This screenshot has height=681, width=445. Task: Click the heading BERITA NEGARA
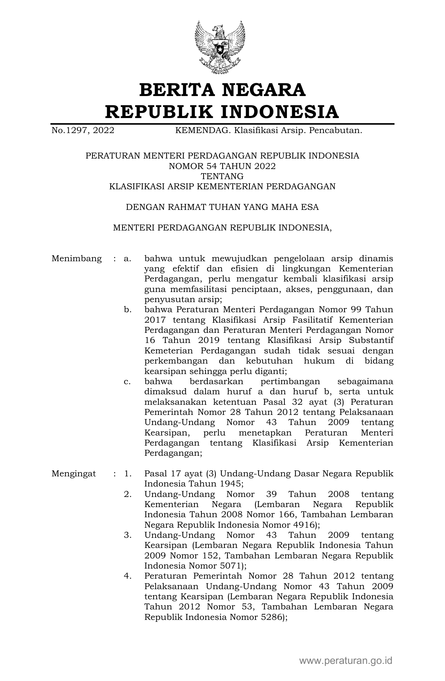tap(222, 90)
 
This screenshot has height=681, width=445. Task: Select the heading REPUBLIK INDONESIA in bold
tap(222, 112)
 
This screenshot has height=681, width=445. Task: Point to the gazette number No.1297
tap(71, 131)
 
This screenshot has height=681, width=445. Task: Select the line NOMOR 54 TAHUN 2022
tap(222, 166)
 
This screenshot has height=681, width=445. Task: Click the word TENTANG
tap(222, 176)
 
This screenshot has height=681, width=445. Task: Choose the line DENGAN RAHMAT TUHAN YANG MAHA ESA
tap(222, 207)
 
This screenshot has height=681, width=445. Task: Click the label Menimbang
tap(77, 259)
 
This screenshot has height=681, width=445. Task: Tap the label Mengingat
tap(74, 474)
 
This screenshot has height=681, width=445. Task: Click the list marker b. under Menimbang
tap(127, 310)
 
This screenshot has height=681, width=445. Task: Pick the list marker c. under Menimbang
tap(127, 381)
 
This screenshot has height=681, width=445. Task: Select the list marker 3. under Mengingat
tap(127, 535)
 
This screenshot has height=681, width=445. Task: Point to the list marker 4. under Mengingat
tap(127, 576)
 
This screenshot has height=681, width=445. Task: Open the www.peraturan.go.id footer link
tap(346, 660)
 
